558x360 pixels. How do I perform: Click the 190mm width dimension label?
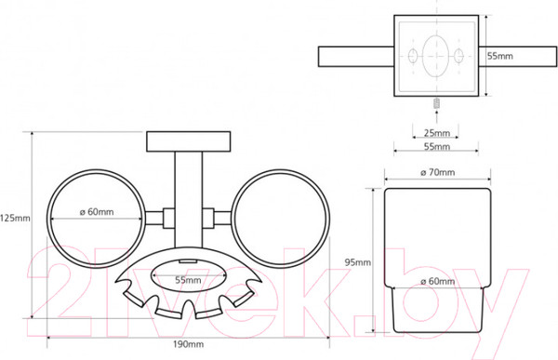(188, 344)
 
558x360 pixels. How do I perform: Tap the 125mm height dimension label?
(15, 218)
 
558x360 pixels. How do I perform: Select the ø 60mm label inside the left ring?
(97, 212)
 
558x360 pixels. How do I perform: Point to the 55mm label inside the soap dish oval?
(188, 280)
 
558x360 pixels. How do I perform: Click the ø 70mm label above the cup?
(437, 172)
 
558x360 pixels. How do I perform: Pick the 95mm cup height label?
(358, 262)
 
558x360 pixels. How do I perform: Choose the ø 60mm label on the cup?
(437, 281)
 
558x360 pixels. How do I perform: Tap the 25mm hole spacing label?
(437, 133)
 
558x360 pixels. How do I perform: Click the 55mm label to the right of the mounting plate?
(500, 56)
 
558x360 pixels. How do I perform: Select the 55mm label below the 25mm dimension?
(437, 146)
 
